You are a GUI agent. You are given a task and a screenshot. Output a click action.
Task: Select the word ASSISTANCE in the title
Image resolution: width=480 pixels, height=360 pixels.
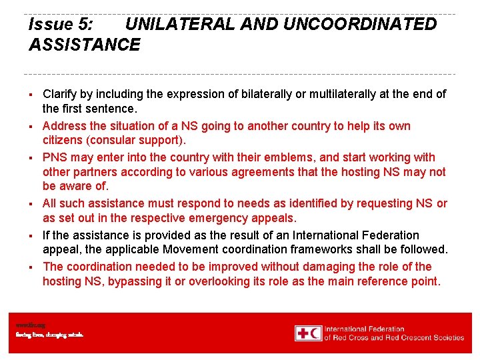coord(85,45)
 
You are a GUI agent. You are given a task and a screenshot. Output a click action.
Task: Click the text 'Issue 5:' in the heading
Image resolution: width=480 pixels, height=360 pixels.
coord(61,25)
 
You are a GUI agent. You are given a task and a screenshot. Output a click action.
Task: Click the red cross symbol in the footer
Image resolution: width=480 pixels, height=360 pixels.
coord(303,333)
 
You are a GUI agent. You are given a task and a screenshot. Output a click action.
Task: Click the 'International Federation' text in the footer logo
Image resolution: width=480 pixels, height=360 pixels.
coord(364,329)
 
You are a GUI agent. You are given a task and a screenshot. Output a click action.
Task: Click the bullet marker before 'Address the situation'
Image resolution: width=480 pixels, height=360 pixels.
coord(31,127)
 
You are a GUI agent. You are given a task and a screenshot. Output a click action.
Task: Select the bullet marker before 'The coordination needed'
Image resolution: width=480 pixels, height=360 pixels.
coord(31,267)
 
